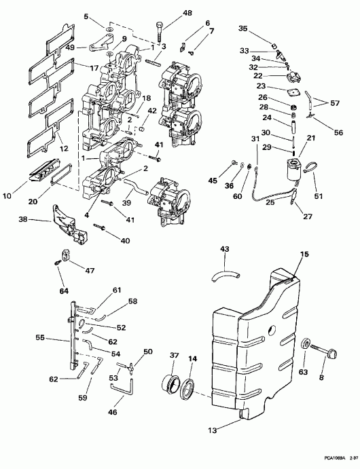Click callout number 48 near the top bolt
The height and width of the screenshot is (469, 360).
[x=168, y=13]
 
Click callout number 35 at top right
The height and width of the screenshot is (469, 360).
[x=243, y=29]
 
